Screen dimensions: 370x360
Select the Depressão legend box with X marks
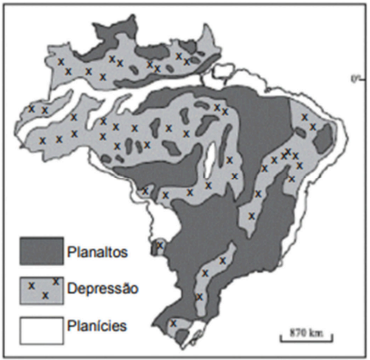pos(40,288)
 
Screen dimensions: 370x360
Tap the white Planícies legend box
pos(40,326)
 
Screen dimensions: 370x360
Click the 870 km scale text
pos(297,331)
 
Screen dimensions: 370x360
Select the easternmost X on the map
pos(327,126)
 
